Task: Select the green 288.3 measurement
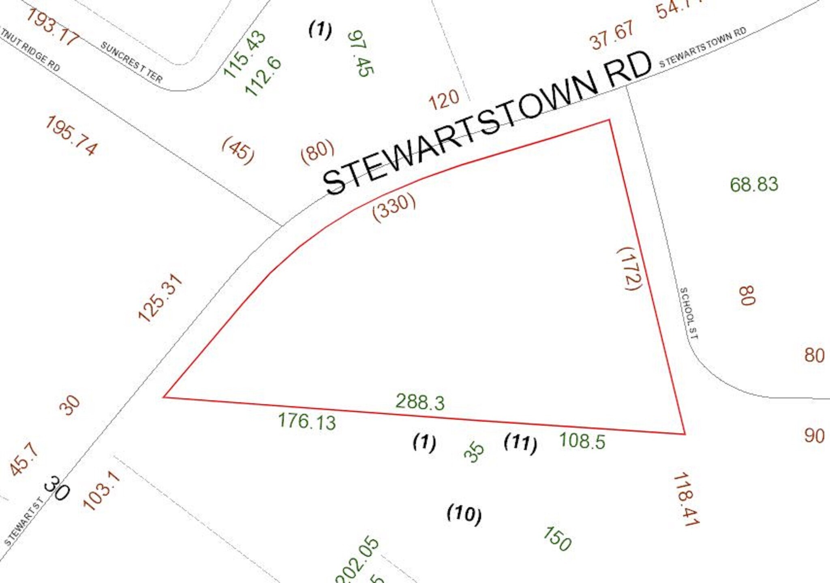click(x=420, y=402)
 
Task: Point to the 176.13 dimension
click(x=307, y=421)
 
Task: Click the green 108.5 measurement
click(x=582, y=441)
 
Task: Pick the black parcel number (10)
click(x=464, y=514)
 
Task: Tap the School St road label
click(x=689, y=313)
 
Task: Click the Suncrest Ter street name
click(x=131, y=62)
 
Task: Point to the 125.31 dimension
click(x=160, y=298)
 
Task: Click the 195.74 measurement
click(x=71, y=135)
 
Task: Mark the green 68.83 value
click(x=754, y=185)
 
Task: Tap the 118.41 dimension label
click(x=686, y=499)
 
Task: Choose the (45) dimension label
click(x=238, y=150)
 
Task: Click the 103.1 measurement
click(x=102, y=491)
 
